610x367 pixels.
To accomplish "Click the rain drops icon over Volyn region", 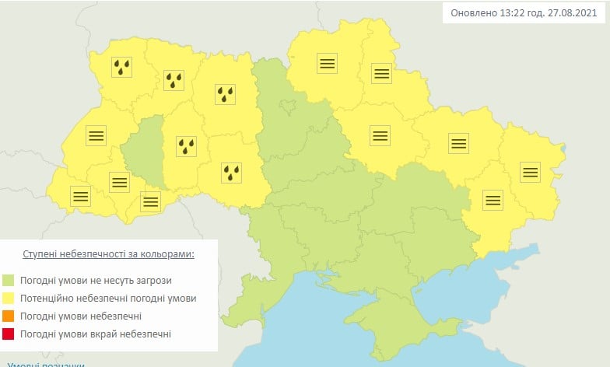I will (x=121, y=68).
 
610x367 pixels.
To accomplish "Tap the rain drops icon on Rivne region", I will (x=174, y=80).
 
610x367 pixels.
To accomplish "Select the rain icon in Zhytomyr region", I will (x=226, y=94).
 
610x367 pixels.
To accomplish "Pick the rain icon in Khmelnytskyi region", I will (x=187, y=145).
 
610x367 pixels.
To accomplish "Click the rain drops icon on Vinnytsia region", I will (x=231, y=172).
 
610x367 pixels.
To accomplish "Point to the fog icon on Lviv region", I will (x=96, y=135).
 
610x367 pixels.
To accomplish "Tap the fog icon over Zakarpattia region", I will (x=80, y=196).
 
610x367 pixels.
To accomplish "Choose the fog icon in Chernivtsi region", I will (x=150, y=202).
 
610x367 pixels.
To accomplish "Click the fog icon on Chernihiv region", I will (x=327, y=64).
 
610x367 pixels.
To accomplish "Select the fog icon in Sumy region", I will (x=380, y=74).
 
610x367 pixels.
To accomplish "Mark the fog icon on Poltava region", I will (x=380, y=135).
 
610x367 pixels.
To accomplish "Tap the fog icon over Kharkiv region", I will (x=458, y=142).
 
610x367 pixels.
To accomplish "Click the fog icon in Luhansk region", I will (x=530, y=172).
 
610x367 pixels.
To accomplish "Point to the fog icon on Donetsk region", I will (x=493, y=200).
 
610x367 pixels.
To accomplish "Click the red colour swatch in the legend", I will (x=9, y=334).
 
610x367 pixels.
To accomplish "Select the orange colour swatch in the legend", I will (x=9, y=316).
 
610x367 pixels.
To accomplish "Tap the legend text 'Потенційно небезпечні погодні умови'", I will (x=108, y=299).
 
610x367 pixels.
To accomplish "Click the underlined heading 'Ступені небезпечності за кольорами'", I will (x=108, y=254).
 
